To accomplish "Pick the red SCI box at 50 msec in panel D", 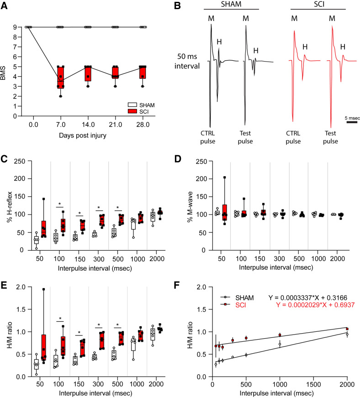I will [x=225, y=212].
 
